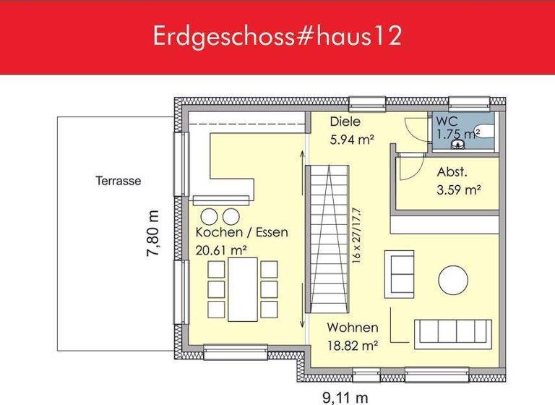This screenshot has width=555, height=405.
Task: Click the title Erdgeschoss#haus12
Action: click(x=277, y=37)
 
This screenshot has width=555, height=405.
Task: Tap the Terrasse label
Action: click(x=119, y=182)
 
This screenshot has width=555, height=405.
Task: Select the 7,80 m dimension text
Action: click(x=152, y=233)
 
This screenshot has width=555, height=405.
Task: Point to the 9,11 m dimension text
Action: click(x=345, y=396)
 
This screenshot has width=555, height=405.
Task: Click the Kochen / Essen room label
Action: click(x=242, y=233)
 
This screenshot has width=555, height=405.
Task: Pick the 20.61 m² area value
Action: click(x=222, y=250)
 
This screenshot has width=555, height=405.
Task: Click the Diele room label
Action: click(x=345, y=122)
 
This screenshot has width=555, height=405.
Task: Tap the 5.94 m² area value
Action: click(x=352, y=140)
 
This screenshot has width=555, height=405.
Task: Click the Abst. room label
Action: click(x=452, y=173)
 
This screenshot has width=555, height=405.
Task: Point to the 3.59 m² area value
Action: click(x=459, y=191)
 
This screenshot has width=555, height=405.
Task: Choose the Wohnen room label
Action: click(x=352, y=328)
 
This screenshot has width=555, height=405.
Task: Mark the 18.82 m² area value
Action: click(x=353, y=346)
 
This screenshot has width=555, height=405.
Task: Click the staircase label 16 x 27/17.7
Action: click(x=356, y=236)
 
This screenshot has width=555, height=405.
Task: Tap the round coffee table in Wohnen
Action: click(x=454, y=280)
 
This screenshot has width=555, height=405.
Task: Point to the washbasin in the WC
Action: click(x=457, y=145)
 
